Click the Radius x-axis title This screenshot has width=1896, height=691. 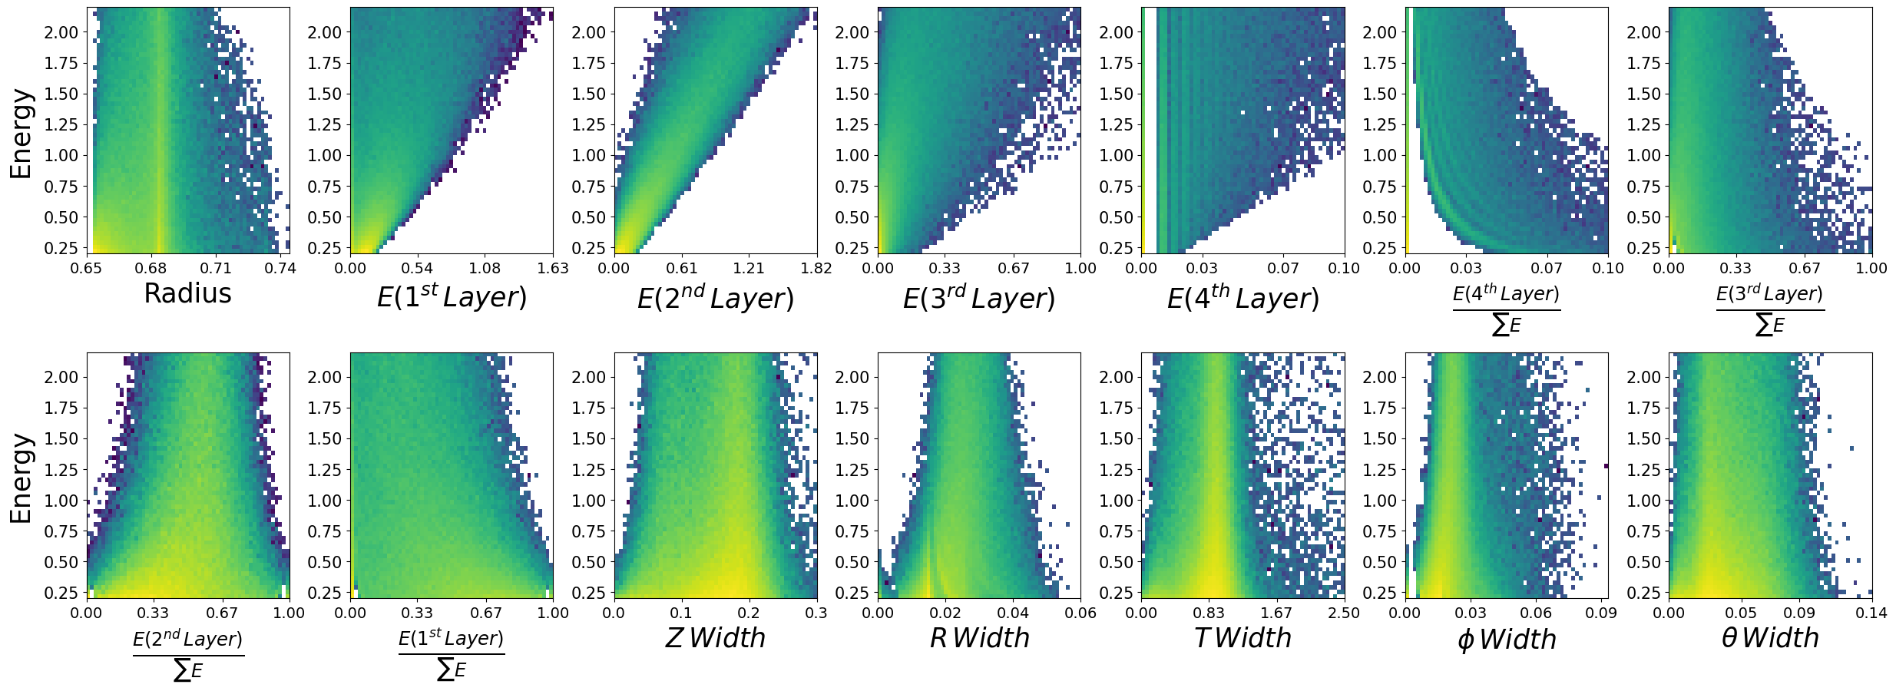point(187,293)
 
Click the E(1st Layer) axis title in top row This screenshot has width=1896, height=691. point(452,296)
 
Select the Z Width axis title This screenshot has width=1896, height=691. point(715,638)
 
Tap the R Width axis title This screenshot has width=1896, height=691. point(979,638)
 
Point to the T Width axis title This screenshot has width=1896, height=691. point(1242,638)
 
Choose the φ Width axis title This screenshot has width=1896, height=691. point(1506,639)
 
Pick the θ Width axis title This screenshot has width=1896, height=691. point(1770,638)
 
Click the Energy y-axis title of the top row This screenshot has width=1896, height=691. point(22,134)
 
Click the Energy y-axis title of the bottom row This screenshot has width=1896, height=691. point(22,478)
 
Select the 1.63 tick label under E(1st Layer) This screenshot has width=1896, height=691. point(553,268)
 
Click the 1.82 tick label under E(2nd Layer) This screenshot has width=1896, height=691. point(816,268)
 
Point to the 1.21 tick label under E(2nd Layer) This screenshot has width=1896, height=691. point(749,268)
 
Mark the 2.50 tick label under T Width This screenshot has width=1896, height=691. point(1344,613)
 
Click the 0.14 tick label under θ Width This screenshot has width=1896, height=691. point(1871,613)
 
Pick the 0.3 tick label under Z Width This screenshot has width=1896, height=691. point(816,613)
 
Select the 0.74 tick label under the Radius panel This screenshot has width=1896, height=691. point(280,268)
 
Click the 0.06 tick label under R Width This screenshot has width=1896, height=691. point(1080,613)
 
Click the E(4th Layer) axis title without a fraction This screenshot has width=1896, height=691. point(1242,297)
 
